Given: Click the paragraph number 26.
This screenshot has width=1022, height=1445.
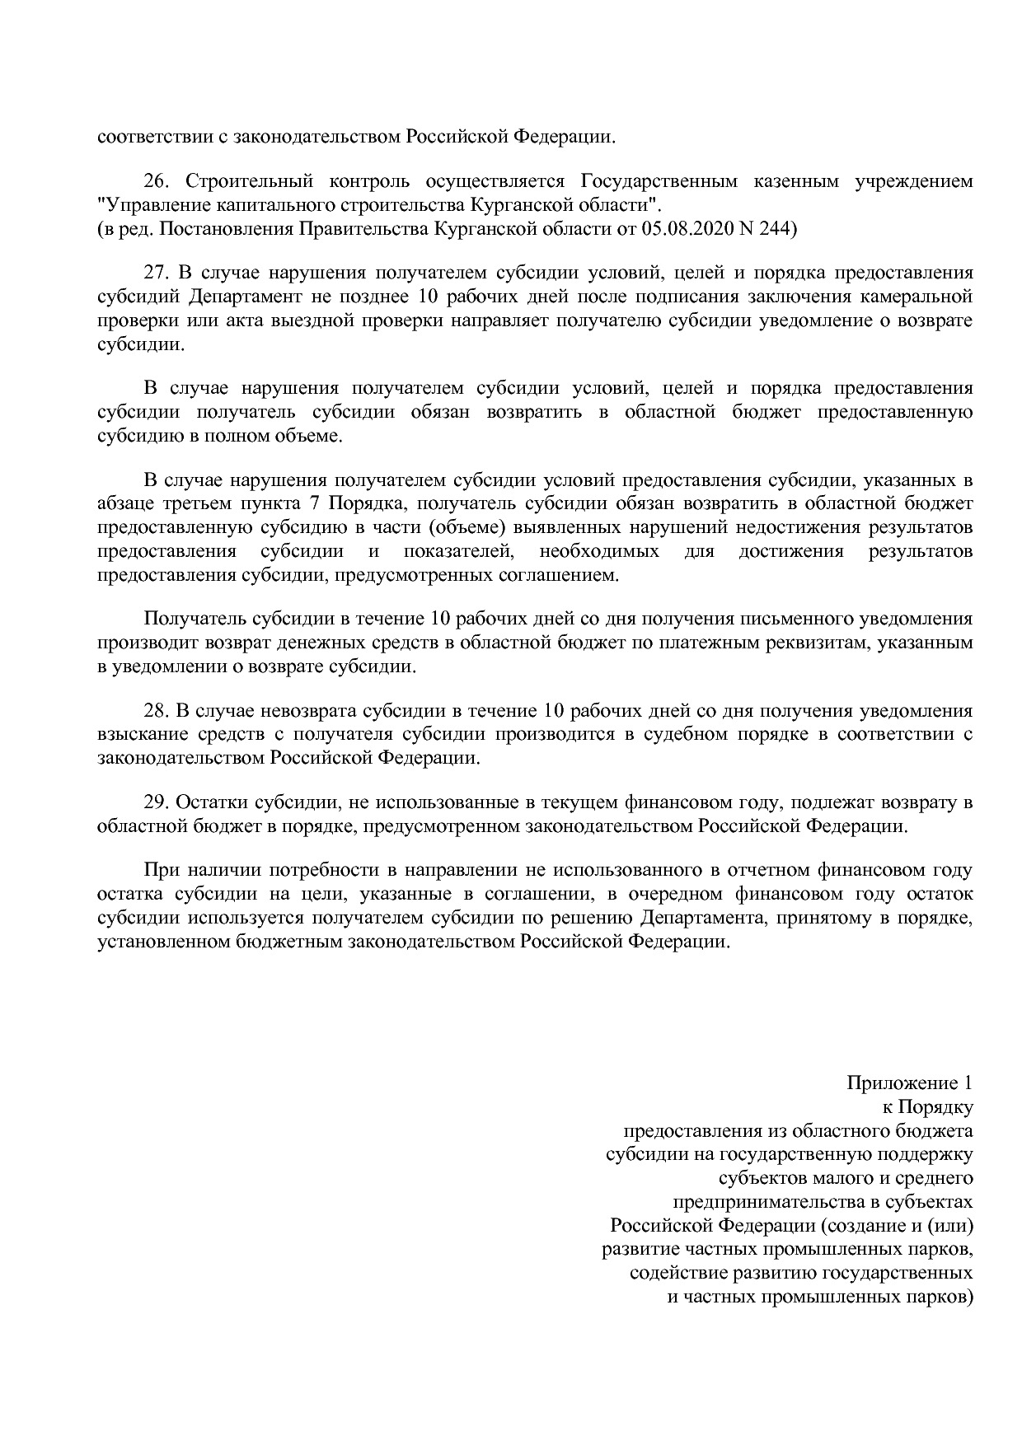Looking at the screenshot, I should click(157, 181).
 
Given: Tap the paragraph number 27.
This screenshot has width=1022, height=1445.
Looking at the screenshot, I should click(157, 274).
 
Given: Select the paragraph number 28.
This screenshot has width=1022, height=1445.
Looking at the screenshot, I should click(157, 711).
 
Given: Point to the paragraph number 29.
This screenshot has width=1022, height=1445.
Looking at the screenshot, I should click(157, 802).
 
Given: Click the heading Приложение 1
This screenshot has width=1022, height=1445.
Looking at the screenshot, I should click(909, 1083).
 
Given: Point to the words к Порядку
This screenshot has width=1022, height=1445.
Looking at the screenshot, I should click(927, 1106).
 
